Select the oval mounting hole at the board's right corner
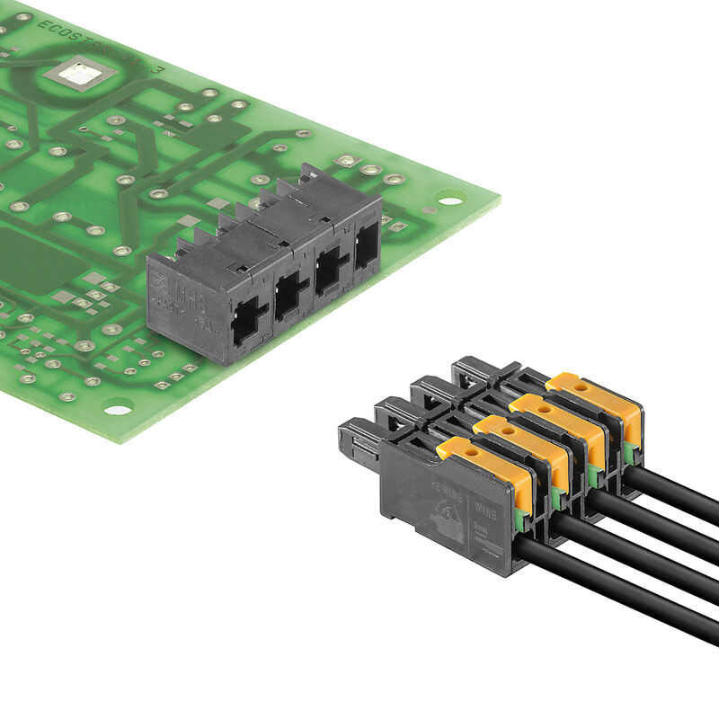pos(449,197)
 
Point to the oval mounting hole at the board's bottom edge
pos(117,410)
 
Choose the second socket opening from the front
pos(290,297)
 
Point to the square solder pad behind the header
pos(347,163)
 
